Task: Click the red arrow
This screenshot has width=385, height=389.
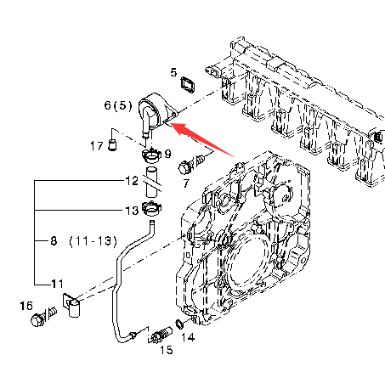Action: pyautogui.click(x=201, y=139)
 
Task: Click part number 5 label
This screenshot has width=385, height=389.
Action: pyautogui.click(x=173, y=72)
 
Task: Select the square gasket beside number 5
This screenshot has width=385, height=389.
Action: pyautogui.click(x=188, y=84)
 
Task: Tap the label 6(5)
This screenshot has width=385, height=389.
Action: pyautogui.click(x=118, y=105)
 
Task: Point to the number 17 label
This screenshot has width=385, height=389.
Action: pyautogui.click(x=97, y=146)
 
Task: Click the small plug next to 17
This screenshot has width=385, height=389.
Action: pyautogui.click(x=112, y=145)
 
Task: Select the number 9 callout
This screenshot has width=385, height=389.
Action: pyautogui.click(x=168, y=154)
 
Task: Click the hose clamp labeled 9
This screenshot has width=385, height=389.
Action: pyautogui.click(x=151, y=155)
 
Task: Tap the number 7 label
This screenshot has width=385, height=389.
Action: pyautogui.click(x=186, y=183)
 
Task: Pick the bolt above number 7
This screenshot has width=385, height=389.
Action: pyautogui.click(x=191, y=165)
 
